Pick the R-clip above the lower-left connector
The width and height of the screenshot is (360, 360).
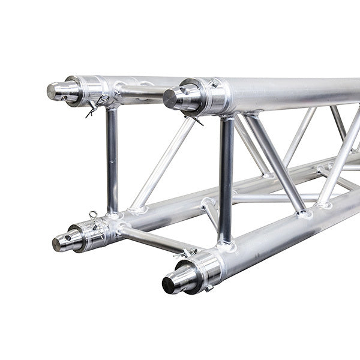[94, 216]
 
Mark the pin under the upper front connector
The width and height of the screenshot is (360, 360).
[196, 121]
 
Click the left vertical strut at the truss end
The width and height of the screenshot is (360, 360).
[112, 159]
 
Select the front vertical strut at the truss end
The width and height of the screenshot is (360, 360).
[226, 180]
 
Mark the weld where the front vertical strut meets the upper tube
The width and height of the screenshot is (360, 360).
[227, 117]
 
